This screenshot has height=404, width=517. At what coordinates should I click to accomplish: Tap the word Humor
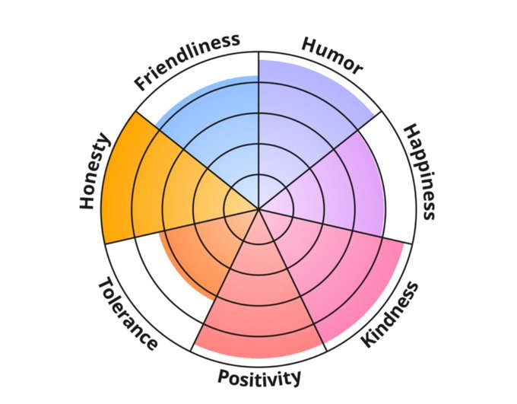coord(332,56)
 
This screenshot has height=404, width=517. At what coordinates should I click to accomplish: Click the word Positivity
coord(259,377)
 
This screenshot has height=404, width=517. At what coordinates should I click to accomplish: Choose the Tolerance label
coord(128,313)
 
